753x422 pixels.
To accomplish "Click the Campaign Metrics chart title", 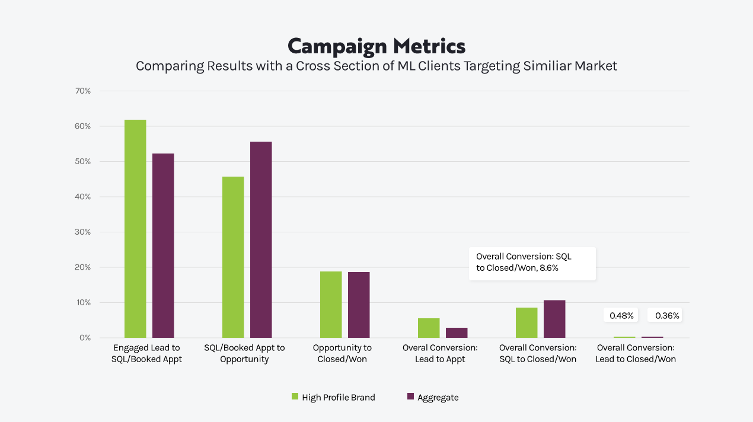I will [376, 46].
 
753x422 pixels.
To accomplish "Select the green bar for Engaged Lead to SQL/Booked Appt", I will [135, 229].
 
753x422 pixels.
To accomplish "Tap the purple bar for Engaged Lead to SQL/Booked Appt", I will [163, 245].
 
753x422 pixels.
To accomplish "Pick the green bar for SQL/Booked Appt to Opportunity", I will [233, 257].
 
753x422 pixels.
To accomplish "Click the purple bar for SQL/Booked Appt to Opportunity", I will [261, 239].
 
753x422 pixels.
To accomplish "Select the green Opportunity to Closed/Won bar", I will [331, 305].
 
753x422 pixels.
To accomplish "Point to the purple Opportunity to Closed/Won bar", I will [359, 305].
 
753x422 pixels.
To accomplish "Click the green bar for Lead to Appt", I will [429, 328].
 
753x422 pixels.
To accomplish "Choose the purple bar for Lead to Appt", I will [457, 333].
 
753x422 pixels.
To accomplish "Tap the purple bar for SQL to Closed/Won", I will [554, 319].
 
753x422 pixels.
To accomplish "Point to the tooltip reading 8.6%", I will [532, 263].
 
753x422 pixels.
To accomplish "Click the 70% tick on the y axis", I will [82, 91].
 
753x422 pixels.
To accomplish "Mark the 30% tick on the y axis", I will [82, 232].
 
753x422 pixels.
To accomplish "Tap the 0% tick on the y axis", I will [85, 338].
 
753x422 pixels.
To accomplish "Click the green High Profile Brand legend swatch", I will [295, 397].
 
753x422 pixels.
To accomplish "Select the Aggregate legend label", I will [438, 397].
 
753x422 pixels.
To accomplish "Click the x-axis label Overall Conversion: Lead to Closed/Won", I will [636, 353].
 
